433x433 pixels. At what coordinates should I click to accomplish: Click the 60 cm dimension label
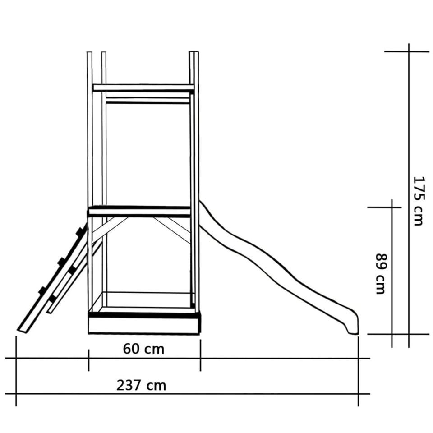pos(143,349)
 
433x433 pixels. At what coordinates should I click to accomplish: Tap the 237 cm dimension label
pos(141,385)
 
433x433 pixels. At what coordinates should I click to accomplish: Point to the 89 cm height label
pos(381,273)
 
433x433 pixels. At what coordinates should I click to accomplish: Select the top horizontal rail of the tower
pos(143,88)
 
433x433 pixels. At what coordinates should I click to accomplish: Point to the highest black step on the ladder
pos(80,231)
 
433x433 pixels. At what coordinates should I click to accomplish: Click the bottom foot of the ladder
pos(23,330)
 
